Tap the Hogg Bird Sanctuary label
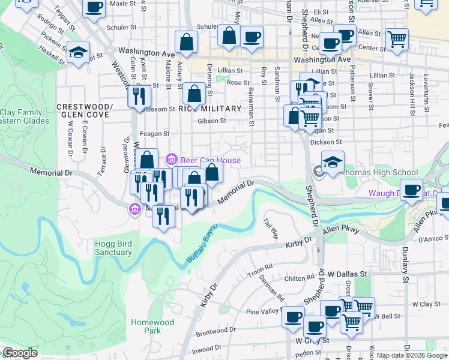pyautogui.click(x=113, y=248)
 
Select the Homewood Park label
pyautogui.click(x=152, y=326)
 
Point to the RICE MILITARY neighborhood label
pyautogui.click(x=209, y=109)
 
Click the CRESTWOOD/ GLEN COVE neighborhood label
pyautogui.click(x=84, y=111)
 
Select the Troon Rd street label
pyautogui.click(x=259, y=270)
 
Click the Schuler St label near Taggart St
pyautogui.click(x=118, y=28)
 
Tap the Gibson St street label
pyautogui.click(x=211, y=121)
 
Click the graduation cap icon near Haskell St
pyautogui.click(x=78, y=52)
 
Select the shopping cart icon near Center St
pyautogui.click(x=397, y=39)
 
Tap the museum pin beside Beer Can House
pyautogui.click(x=172, y=160)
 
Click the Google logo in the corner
pyautogui.click(x=19, y=353)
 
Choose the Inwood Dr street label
pyautogui.click(x=208, y=349)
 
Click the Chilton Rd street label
pyautogui.click(x=301, y=278)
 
